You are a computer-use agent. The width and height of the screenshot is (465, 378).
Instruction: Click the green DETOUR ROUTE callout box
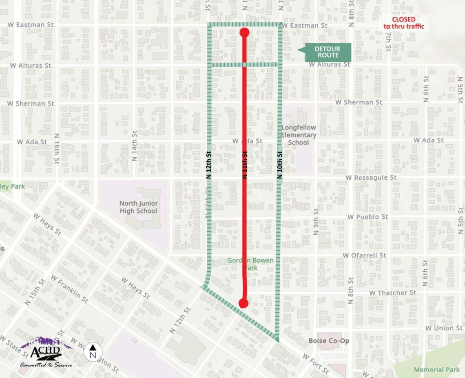point(327,52)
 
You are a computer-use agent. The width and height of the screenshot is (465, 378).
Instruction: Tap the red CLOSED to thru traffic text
point(404,23)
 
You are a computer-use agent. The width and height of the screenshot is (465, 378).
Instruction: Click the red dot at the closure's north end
point(244,33)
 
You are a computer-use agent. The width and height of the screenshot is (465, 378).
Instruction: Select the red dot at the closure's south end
point(244,303)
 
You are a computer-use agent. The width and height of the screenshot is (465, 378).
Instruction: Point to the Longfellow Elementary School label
point(299,135)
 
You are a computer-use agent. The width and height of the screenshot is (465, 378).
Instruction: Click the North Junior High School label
point(138,207)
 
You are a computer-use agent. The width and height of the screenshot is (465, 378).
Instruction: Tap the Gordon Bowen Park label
point(250,264)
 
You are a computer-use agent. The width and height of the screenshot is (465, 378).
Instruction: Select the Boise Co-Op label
point(329,341)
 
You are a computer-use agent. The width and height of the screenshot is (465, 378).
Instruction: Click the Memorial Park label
point(436,369)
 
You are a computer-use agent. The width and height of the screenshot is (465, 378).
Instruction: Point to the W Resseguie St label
point(371,178)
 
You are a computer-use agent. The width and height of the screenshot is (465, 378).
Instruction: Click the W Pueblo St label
point(368,217)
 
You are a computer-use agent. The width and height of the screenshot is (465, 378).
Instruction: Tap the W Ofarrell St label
point(364,255)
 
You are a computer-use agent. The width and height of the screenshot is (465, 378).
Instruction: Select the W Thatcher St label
point(392,292)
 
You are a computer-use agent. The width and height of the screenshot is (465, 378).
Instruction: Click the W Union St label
point(444,328)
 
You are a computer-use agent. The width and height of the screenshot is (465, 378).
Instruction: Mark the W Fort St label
point(316,364)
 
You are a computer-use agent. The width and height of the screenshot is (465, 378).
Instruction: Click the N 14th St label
point(135,146)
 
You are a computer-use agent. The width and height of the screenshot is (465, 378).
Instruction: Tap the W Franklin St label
point(69,288)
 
